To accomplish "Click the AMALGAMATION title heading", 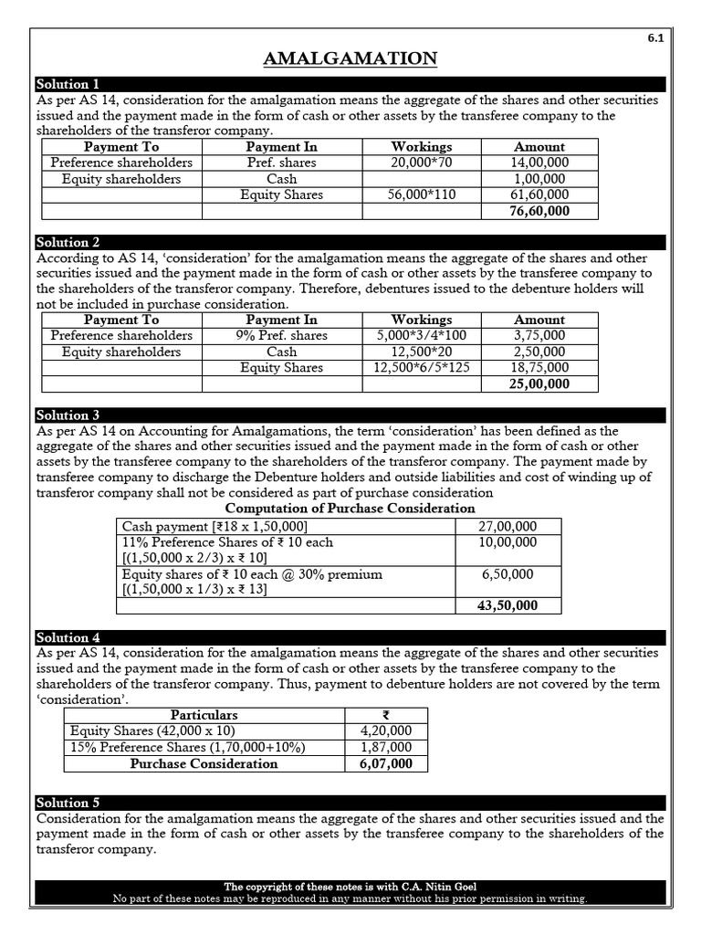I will click(350, 59).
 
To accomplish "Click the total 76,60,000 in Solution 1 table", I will click(539, 211).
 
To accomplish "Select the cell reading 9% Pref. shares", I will click(281, 335).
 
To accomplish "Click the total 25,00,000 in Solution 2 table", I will click(539, 383).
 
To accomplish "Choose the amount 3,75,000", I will click(539, 335).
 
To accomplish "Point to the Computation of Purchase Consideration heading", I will click(350, 508).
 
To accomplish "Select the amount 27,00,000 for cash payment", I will click(508, 526).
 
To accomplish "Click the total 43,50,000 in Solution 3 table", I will click(508, 605).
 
